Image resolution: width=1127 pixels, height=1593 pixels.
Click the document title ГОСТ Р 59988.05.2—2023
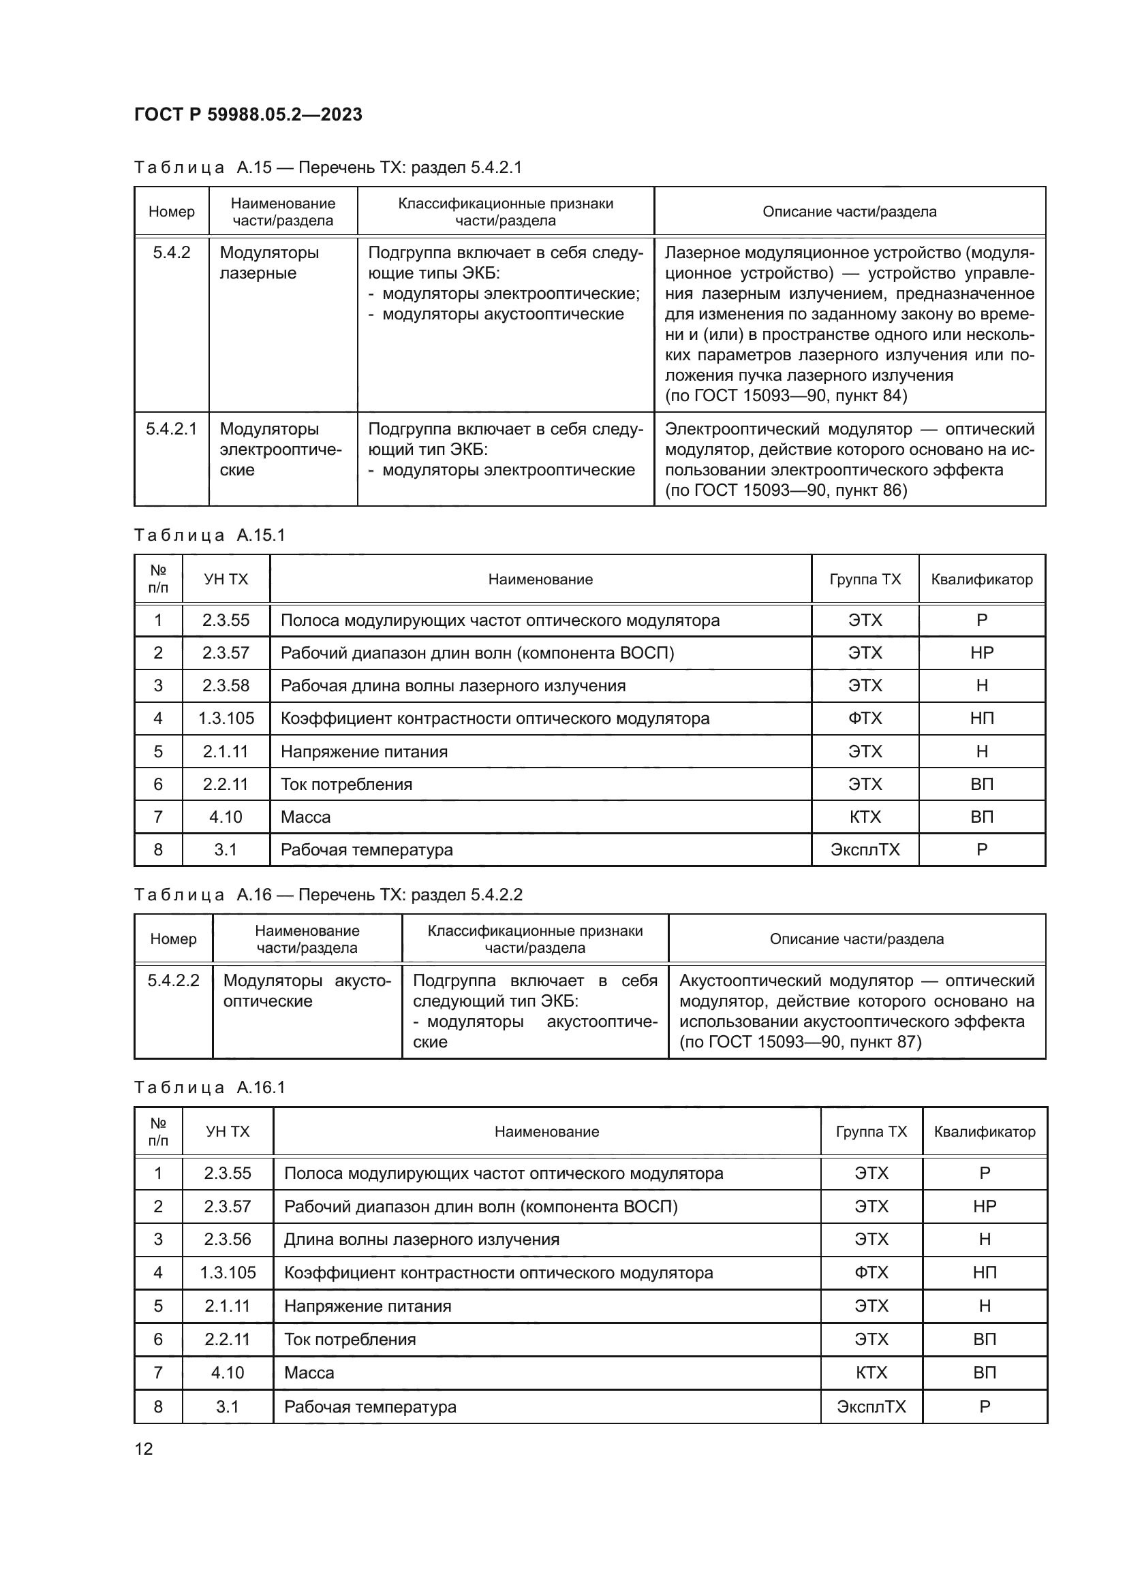click(248, 114)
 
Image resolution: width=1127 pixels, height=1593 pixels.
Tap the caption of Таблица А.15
click(328, 168)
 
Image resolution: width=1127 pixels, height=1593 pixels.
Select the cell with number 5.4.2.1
click(172, 429)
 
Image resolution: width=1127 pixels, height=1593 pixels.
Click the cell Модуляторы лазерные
click(269, 262)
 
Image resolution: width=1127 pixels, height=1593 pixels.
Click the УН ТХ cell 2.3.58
click(226, 686)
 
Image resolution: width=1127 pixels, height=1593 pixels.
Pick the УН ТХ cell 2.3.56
click(227, 1239)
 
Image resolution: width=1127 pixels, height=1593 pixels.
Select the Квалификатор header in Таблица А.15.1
click(981, 580)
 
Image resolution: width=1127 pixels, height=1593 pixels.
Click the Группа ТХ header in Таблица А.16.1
click(871, 1132)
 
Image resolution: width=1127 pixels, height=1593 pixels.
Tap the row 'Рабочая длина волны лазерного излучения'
click(452, 686)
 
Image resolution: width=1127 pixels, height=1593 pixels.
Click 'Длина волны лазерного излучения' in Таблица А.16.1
click(421, 1239)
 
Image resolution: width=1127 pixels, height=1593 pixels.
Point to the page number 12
click(144, 1449)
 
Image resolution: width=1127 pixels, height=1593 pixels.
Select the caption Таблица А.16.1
click(210, 1087)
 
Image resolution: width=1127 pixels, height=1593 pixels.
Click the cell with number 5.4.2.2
click(174, 980)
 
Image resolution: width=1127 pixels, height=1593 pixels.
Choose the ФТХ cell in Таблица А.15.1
click(865, 718)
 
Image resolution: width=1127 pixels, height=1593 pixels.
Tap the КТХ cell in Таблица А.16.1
click(871, 1372)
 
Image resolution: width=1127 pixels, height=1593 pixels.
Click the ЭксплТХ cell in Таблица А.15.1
click(865, 850)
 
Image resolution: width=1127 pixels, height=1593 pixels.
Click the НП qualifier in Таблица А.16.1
click(984, 1272)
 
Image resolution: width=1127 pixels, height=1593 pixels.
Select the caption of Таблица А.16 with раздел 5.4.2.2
click(328, 894)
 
